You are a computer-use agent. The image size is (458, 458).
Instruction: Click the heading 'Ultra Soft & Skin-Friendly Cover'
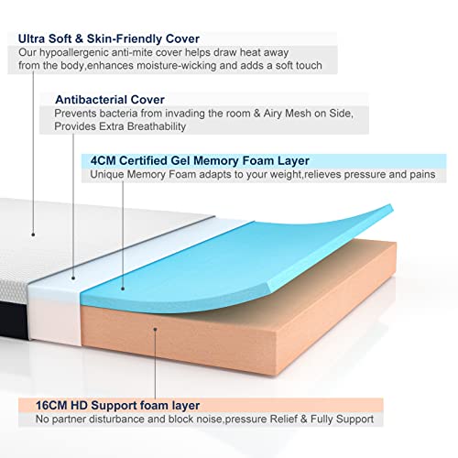[x=109, y=38]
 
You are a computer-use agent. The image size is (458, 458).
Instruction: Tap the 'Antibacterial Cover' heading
[x=110, y=100]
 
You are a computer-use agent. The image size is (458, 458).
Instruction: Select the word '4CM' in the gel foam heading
[x=103, y=160]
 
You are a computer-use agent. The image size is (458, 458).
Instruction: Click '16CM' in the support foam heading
[x=51, y=406]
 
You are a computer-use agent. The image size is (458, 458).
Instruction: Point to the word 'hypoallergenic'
[x=74, y=53]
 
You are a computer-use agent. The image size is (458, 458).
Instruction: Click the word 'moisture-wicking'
[x=177, y=66]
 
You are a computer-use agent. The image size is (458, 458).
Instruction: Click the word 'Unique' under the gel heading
[x=107, y=175]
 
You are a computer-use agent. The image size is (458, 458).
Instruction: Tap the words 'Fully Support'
[x=342, y=420]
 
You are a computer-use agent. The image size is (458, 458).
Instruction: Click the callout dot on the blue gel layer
[x=123, y=289]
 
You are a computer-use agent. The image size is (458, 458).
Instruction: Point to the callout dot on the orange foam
[x=155, y=329]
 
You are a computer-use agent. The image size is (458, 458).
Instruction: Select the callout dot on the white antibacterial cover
[x=73, y=278]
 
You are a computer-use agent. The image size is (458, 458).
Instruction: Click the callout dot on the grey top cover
[x=33, y=234]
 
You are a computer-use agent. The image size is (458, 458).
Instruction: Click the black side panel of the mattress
[x=13, y=319]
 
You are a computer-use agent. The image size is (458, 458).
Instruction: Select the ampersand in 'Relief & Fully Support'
[x=303, y=420]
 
